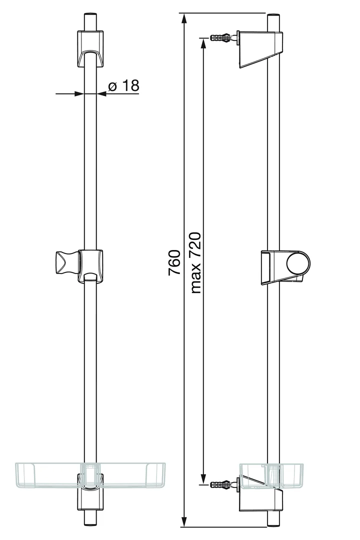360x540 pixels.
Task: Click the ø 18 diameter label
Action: pos(124,85)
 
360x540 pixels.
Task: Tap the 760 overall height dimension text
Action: pos(174,262)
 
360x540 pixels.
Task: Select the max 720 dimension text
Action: pos(195,263)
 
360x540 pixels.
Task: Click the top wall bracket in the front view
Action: pos(90,48)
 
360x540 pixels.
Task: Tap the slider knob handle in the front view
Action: pos(66,263)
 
